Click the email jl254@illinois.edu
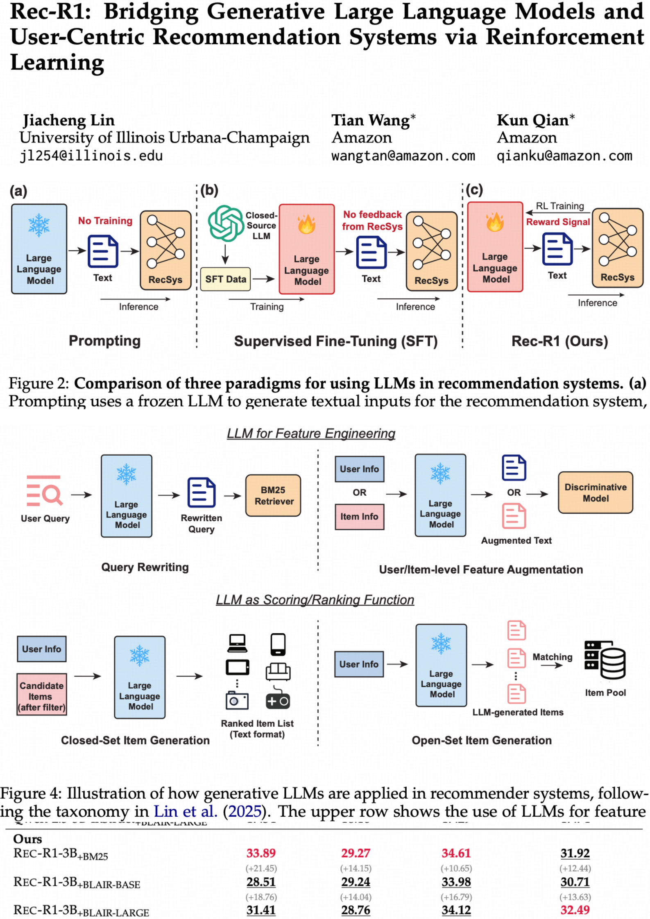coord(91,156)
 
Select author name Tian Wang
coord(370,120)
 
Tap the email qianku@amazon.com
coord(564,156)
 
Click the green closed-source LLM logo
coord(226,223)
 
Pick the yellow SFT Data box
coord(226,279)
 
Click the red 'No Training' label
coord(105,221)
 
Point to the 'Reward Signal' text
coord(558,222)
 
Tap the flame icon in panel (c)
coord(495,222)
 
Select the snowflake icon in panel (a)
coord(39,225)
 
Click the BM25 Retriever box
coord(273,495)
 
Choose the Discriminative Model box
coord(595,492)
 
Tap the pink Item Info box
coord(359,517)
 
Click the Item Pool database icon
coord(605,660)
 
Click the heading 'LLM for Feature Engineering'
coord(311,434)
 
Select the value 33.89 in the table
coord(261,853)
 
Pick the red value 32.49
coord(575,910)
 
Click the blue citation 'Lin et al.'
coord(185,811)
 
